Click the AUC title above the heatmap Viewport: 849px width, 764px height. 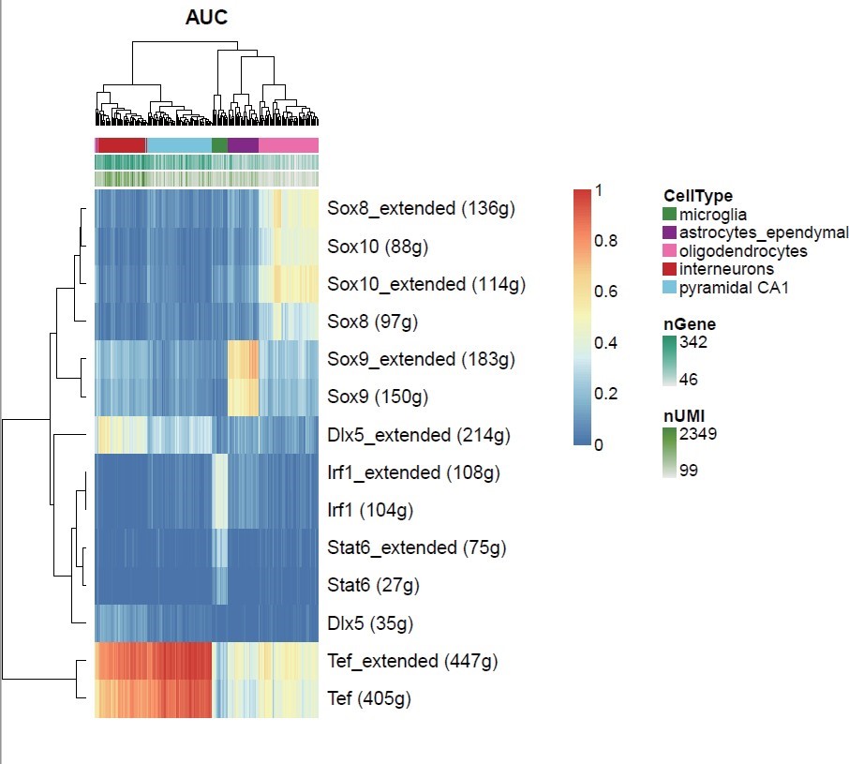pyautogui.click(x=206, y=17)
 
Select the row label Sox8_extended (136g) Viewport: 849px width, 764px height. pyautogui.click(x=421, y=208)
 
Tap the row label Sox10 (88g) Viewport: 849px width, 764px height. pyautogui.click(x=378, y=247)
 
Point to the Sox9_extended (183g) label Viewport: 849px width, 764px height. pyautogui.click(x=421, y=359)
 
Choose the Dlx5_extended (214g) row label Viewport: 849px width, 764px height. pyautogui.click(x=419, y=435)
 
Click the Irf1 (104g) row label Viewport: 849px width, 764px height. pyautogui.click(x=370, y=510)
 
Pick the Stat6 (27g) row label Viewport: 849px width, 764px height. pyautogui.click(x=373, y=585)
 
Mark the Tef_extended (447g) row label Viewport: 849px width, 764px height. pyautogui.click(x=412, y=661)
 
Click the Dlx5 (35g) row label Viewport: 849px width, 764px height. pyautogui.click(x=370, y=623)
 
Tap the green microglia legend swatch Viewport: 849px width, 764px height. pyautogui.click(x=669, y=215)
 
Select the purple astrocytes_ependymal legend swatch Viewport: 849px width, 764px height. pyautogui.click(x=669, y=232)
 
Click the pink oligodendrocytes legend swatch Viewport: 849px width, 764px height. pyautogui.click(x=669, y=250)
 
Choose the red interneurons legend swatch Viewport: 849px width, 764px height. pyautogui.click(x=669, y=269)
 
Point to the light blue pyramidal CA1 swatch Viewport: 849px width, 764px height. pyautogui.click(x=669, y=288)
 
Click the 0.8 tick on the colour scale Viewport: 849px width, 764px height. pyautogui.click(x=605, y=240)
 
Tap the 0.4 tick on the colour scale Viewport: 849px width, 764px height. pyautogui.click(x=605, y=343)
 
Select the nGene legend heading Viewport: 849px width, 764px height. pyautogui.click(x=690, y=324)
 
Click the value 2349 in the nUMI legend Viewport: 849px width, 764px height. pyautogui.click(x=698, y=434)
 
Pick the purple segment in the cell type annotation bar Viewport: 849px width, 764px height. pyautogui.click(x=243, y=145)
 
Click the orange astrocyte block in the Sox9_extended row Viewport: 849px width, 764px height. pyautogui.click(x=243, y=359)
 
